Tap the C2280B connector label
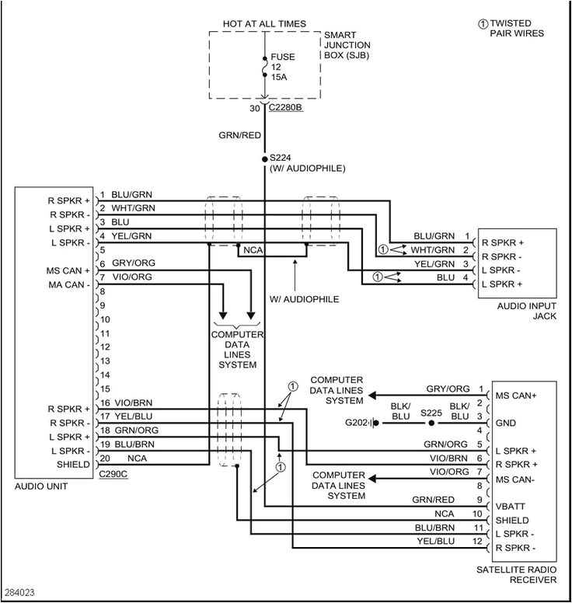click(x=287, y=109)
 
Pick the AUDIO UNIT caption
click(x=40, y=486)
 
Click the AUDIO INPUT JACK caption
click(x=527, y=311)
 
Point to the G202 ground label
click(x=358, y=423)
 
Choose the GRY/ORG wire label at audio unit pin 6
click(x=129, y=263)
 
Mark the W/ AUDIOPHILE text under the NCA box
click(x=295, y=298)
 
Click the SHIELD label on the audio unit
click(x=74, y=465)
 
